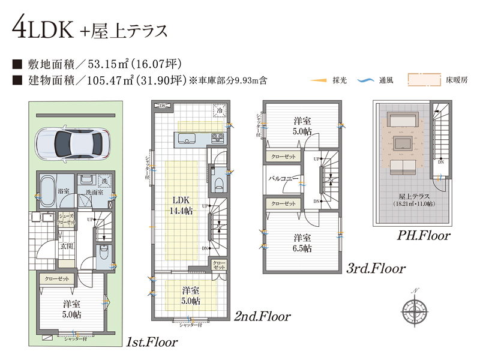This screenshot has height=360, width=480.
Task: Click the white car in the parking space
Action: (x=71, y=143)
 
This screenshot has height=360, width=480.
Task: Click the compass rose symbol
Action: (x=414, y=311)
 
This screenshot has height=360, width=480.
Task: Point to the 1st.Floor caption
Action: (x=152, y=342)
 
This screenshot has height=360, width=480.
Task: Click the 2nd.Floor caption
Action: (x=263, y=316)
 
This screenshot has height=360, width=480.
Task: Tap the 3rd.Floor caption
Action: (x=376, y=268)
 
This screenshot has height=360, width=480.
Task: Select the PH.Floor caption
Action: (x=424, y=235)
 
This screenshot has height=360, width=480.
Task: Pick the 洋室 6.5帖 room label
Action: (x=302, y=242)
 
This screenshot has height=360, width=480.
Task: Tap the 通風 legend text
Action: (x=382, y=80)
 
